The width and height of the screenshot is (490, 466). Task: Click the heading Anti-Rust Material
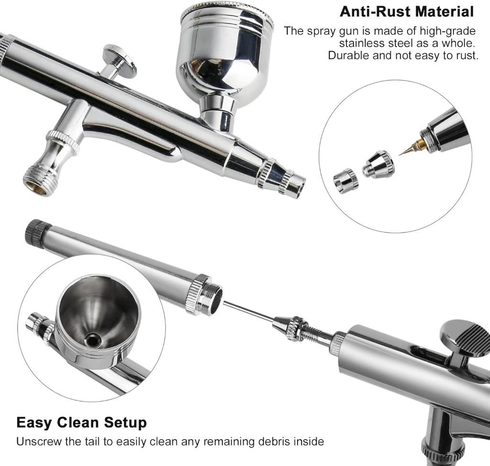[x=406, y=11]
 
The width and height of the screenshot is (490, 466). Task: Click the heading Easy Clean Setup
[x=81, y=423]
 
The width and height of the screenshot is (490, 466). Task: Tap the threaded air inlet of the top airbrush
[x=39, y=182]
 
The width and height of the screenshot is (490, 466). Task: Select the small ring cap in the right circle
[x=345, y=180]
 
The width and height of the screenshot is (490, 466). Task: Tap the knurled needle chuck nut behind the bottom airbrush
[x=296, y=328]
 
